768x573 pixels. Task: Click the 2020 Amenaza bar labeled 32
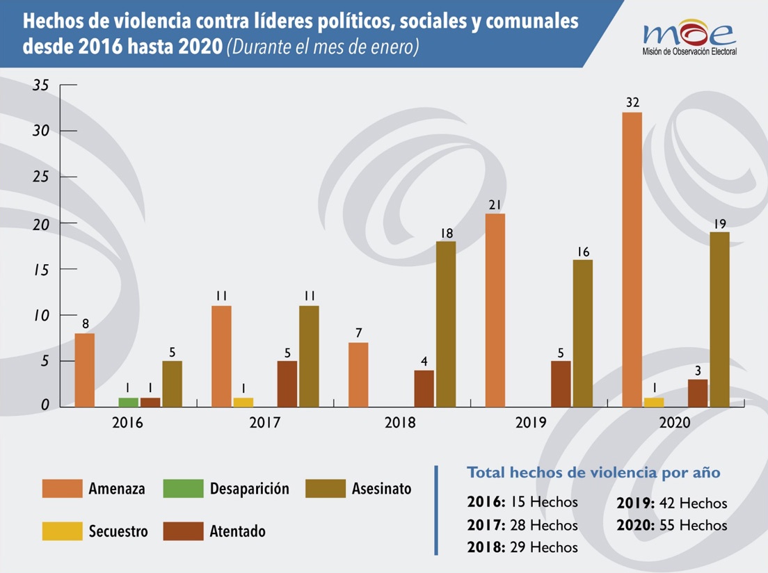[632, 259]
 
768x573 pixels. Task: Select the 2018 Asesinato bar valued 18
[446, 324]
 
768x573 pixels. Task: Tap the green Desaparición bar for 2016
[128, 402]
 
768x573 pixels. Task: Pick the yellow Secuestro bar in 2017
[243, 402]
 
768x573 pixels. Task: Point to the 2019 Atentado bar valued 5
[561, 384]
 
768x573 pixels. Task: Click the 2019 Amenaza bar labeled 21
[495, 311]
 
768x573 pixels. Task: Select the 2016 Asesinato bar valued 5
[173, 384]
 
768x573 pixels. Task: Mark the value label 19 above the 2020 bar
[719, 224]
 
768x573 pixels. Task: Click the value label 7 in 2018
[359, 333]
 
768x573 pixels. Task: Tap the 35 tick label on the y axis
[41, 86]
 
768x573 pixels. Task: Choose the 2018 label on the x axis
[400, 423]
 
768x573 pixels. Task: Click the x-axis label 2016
[127, 423]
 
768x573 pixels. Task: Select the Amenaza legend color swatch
[62, 488]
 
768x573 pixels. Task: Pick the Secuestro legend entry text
[118, 531]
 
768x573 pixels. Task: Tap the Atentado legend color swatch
[183, 531]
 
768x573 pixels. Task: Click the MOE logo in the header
[689, 38]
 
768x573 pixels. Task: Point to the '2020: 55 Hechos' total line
[671, 525]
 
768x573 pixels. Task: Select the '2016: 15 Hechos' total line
[522, 502]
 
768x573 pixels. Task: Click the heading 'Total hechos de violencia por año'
[593, 473]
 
